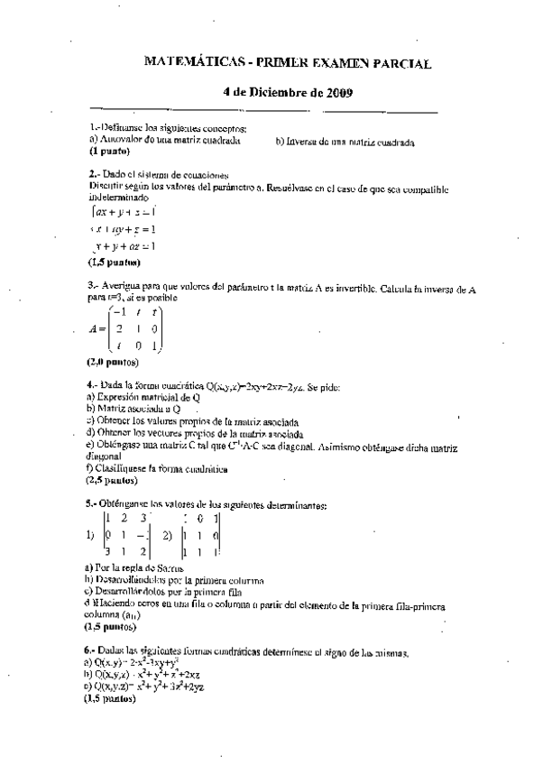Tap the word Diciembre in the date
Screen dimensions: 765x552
(x=272, y=93)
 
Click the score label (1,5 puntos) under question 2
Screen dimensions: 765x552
(x=114, y=263)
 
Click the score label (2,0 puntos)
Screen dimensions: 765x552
(x=113, y=362)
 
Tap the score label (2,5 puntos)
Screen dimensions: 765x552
(x=113, y=481)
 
